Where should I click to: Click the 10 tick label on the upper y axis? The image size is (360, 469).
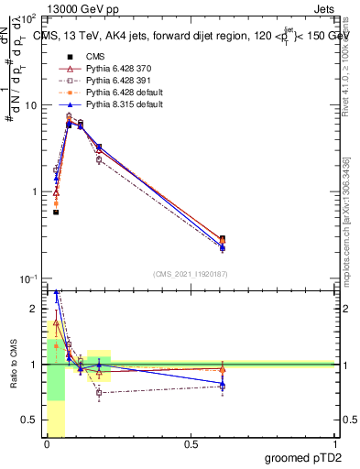pyautogui.click(x=29, y=105)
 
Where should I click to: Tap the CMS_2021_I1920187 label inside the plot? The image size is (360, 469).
pyautogui.click(x=190, y=272)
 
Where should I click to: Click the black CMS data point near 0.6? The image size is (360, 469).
pyautogui.click(x=223, y=239)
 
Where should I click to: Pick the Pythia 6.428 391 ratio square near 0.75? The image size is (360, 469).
pyautogui.click(x=99, y=392)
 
